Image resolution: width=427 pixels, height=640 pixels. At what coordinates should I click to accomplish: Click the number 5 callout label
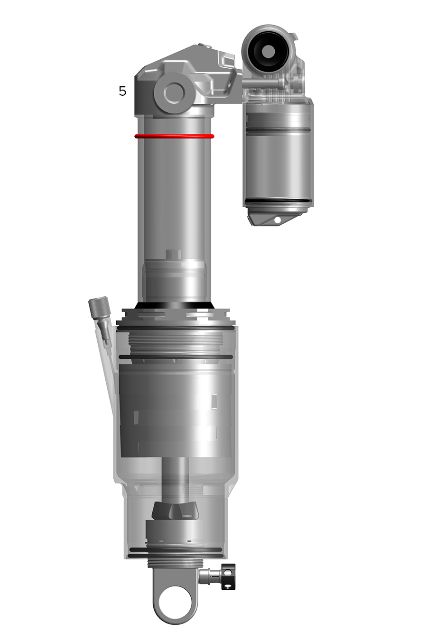122,91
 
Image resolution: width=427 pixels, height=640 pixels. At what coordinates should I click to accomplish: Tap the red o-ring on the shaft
174,136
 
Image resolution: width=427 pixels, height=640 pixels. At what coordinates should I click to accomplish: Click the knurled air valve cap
99,307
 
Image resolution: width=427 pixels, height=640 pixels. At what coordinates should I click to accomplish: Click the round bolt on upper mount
174,93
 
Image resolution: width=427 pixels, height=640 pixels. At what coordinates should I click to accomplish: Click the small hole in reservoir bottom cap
277,220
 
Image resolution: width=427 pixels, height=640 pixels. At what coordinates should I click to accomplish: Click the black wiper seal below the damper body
175,305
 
